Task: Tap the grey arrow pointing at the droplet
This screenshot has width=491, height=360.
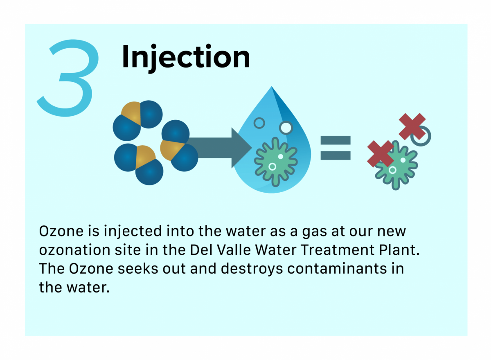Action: click(x=219, y=148)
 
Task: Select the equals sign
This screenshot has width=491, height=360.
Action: click(x=336, y=148)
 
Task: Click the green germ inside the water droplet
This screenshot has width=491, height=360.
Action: click(x=276, y=162)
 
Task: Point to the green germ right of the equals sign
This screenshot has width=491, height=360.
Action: click(x=396, y=165)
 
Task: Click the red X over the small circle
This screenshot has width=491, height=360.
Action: click(x=412, y=126)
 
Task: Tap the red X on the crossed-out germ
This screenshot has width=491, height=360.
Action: click(x=381, y=154)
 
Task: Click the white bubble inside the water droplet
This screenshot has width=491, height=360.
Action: click(x=286, y=128)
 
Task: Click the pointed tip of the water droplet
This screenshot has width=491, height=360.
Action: click(x=272, y=86)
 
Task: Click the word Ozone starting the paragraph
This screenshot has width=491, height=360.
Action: click(x=61, y=231)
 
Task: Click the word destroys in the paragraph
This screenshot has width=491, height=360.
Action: click(x=252, y=269)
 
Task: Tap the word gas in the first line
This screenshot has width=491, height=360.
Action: click(x=315, y=232)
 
